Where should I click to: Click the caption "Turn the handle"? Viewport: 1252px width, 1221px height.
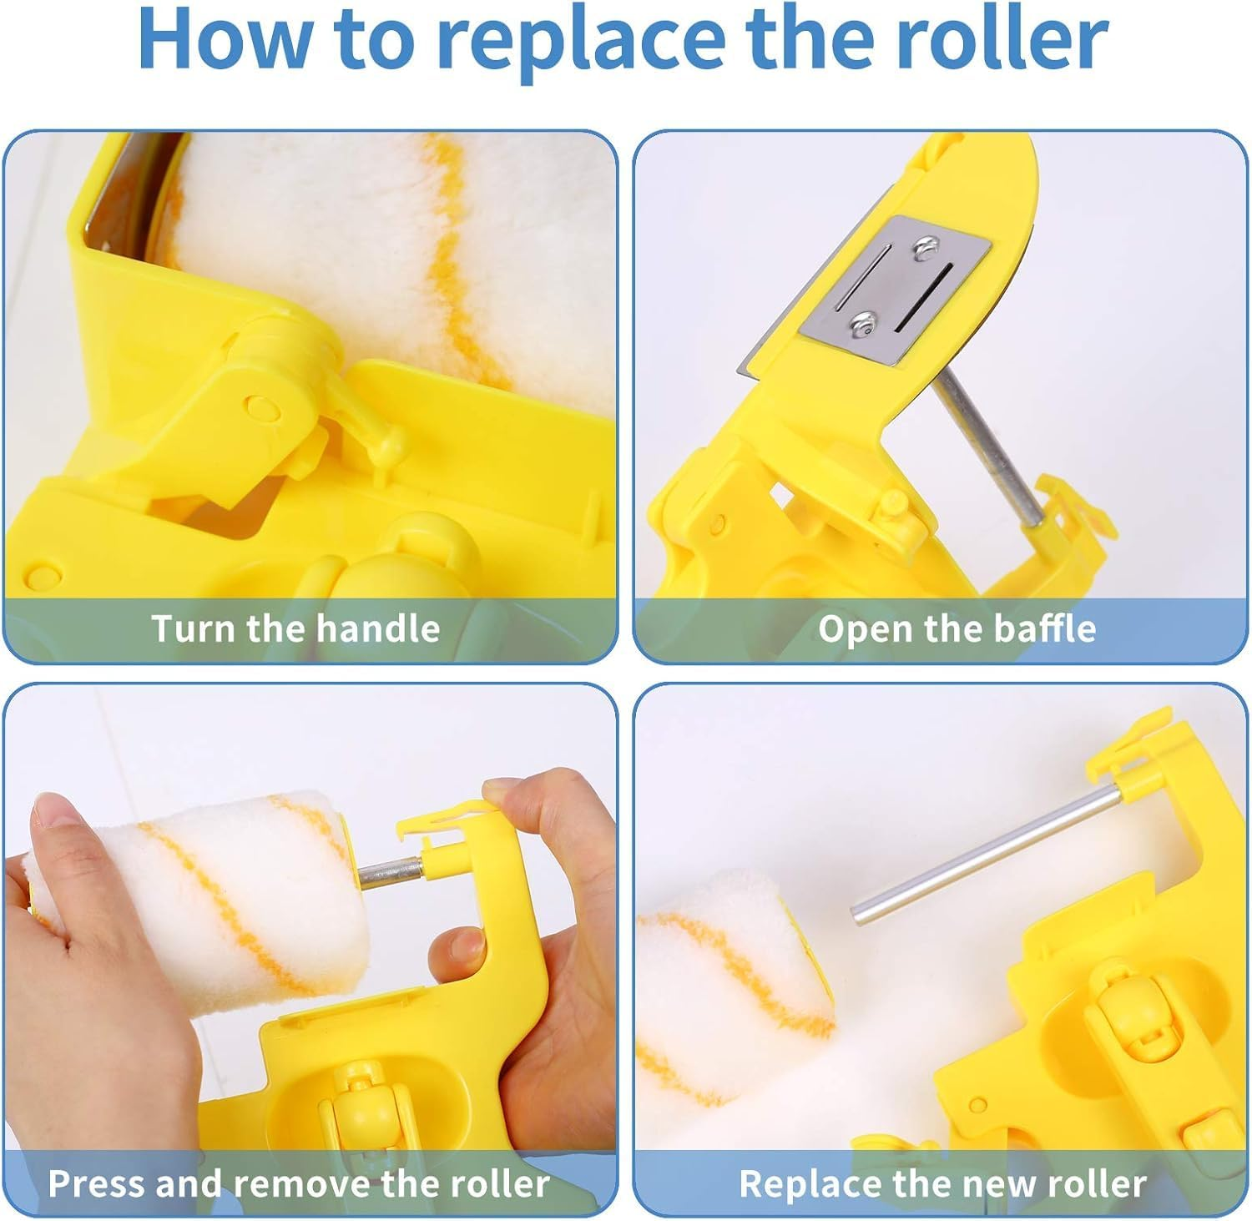pyautogui.click(x=295, y=628)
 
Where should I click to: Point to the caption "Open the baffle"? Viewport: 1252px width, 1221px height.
pyautogui.click(x=957, y=628)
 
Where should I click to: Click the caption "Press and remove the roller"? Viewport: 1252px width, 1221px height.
pyautogui.click(x=299, y=1183)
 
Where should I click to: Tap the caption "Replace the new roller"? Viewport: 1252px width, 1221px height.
pyautogui.click(x=942, y=1183)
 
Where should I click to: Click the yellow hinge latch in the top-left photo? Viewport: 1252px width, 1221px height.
pyautogui.click(x=275, y=392)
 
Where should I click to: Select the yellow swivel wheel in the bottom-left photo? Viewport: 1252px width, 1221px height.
pyautogui.click(x=359, y=1110)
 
